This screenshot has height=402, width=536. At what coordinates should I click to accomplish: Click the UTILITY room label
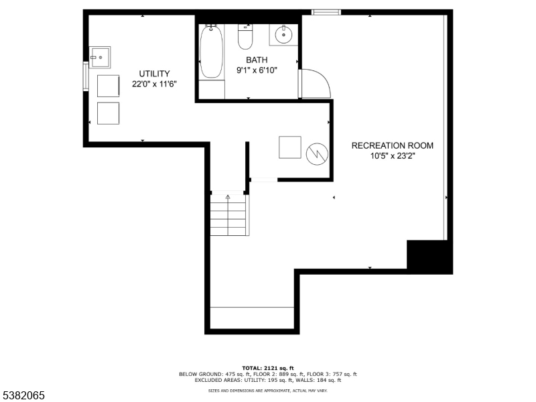[x=154, y=74]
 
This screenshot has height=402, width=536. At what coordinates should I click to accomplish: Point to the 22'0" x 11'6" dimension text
[x=154, y=84]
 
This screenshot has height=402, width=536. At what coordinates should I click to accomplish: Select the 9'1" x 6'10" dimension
[x=256, y=70]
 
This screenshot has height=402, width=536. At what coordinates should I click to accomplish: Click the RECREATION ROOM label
[x=392, y=145]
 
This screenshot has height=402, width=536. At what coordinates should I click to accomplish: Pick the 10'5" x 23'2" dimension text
[x=392, y=155]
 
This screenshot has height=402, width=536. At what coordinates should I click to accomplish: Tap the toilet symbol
[x=245, y=38]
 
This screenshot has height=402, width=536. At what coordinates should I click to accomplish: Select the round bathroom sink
[x=284, y=33]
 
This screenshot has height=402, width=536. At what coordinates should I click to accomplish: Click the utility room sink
[x=100, y=58]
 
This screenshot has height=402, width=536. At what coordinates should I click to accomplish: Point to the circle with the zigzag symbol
[x=316, y=153]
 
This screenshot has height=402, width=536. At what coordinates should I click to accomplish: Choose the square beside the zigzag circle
[x=291, y=147]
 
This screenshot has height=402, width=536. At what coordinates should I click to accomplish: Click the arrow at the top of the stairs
[x=228, y=197]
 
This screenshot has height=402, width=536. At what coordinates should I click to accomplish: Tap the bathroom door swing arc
[x=314, y=84]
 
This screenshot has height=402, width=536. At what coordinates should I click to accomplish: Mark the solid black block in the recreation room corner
[x=429, y=255]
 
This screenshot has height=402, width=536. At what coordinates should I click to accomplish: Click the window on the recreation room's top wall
[x=326, y=12]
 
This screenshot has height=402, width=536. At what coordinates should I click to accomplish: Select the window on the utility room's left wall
[x=85, y=76]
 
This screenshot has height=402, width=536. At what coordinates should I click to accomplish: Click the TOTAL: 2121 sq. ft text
[x=268, y=368]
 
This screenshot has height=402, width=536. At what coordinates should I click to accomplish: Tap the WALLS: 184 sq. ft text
[x=323, y=380]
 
